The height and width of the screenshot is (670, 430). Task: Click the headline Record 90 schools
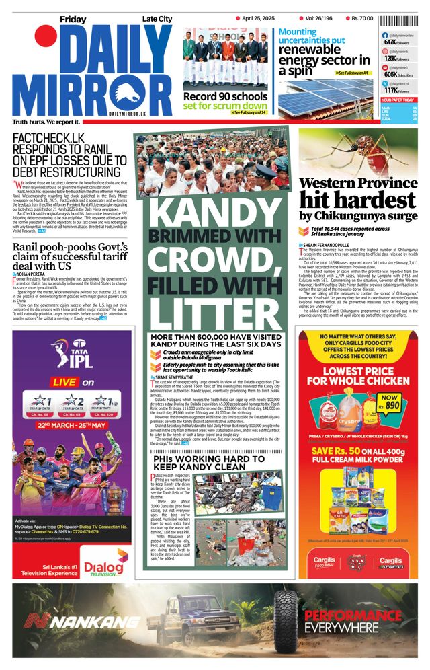(x=225, y=96)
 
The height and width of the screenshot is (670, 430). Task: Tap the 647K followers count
(x=390, y=42)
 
